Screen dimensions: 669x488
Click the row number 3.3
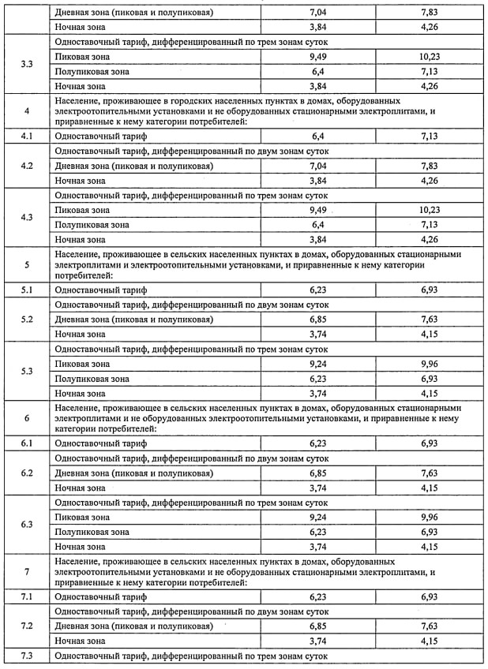click(27, 63)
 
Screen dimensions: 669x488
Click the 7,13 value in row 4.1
click(430, 136)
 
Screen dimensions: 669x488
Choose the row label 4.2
click(27, 166)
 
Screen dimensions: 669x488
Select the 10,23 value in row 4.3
click(430, 210)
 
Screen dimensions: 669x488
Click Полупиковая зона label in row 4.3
click(92, 225)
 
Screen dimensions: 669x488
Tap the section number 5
click(27, 265)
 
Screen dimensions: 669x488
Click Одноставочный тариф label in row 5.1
click(100, 290)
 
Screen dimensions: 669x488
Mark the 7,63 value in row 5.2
click(430, 320)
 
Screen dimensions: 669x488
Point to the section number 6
click(27, 418)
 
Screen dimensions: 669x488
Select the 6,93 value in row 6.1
click(430, 443)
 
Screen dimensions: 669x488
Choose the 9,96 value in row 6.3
click(430, 517)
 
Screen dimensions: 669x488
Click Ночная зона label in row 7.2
click(80, 641)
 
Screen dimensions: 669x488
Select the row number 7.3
click(27, 656)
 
